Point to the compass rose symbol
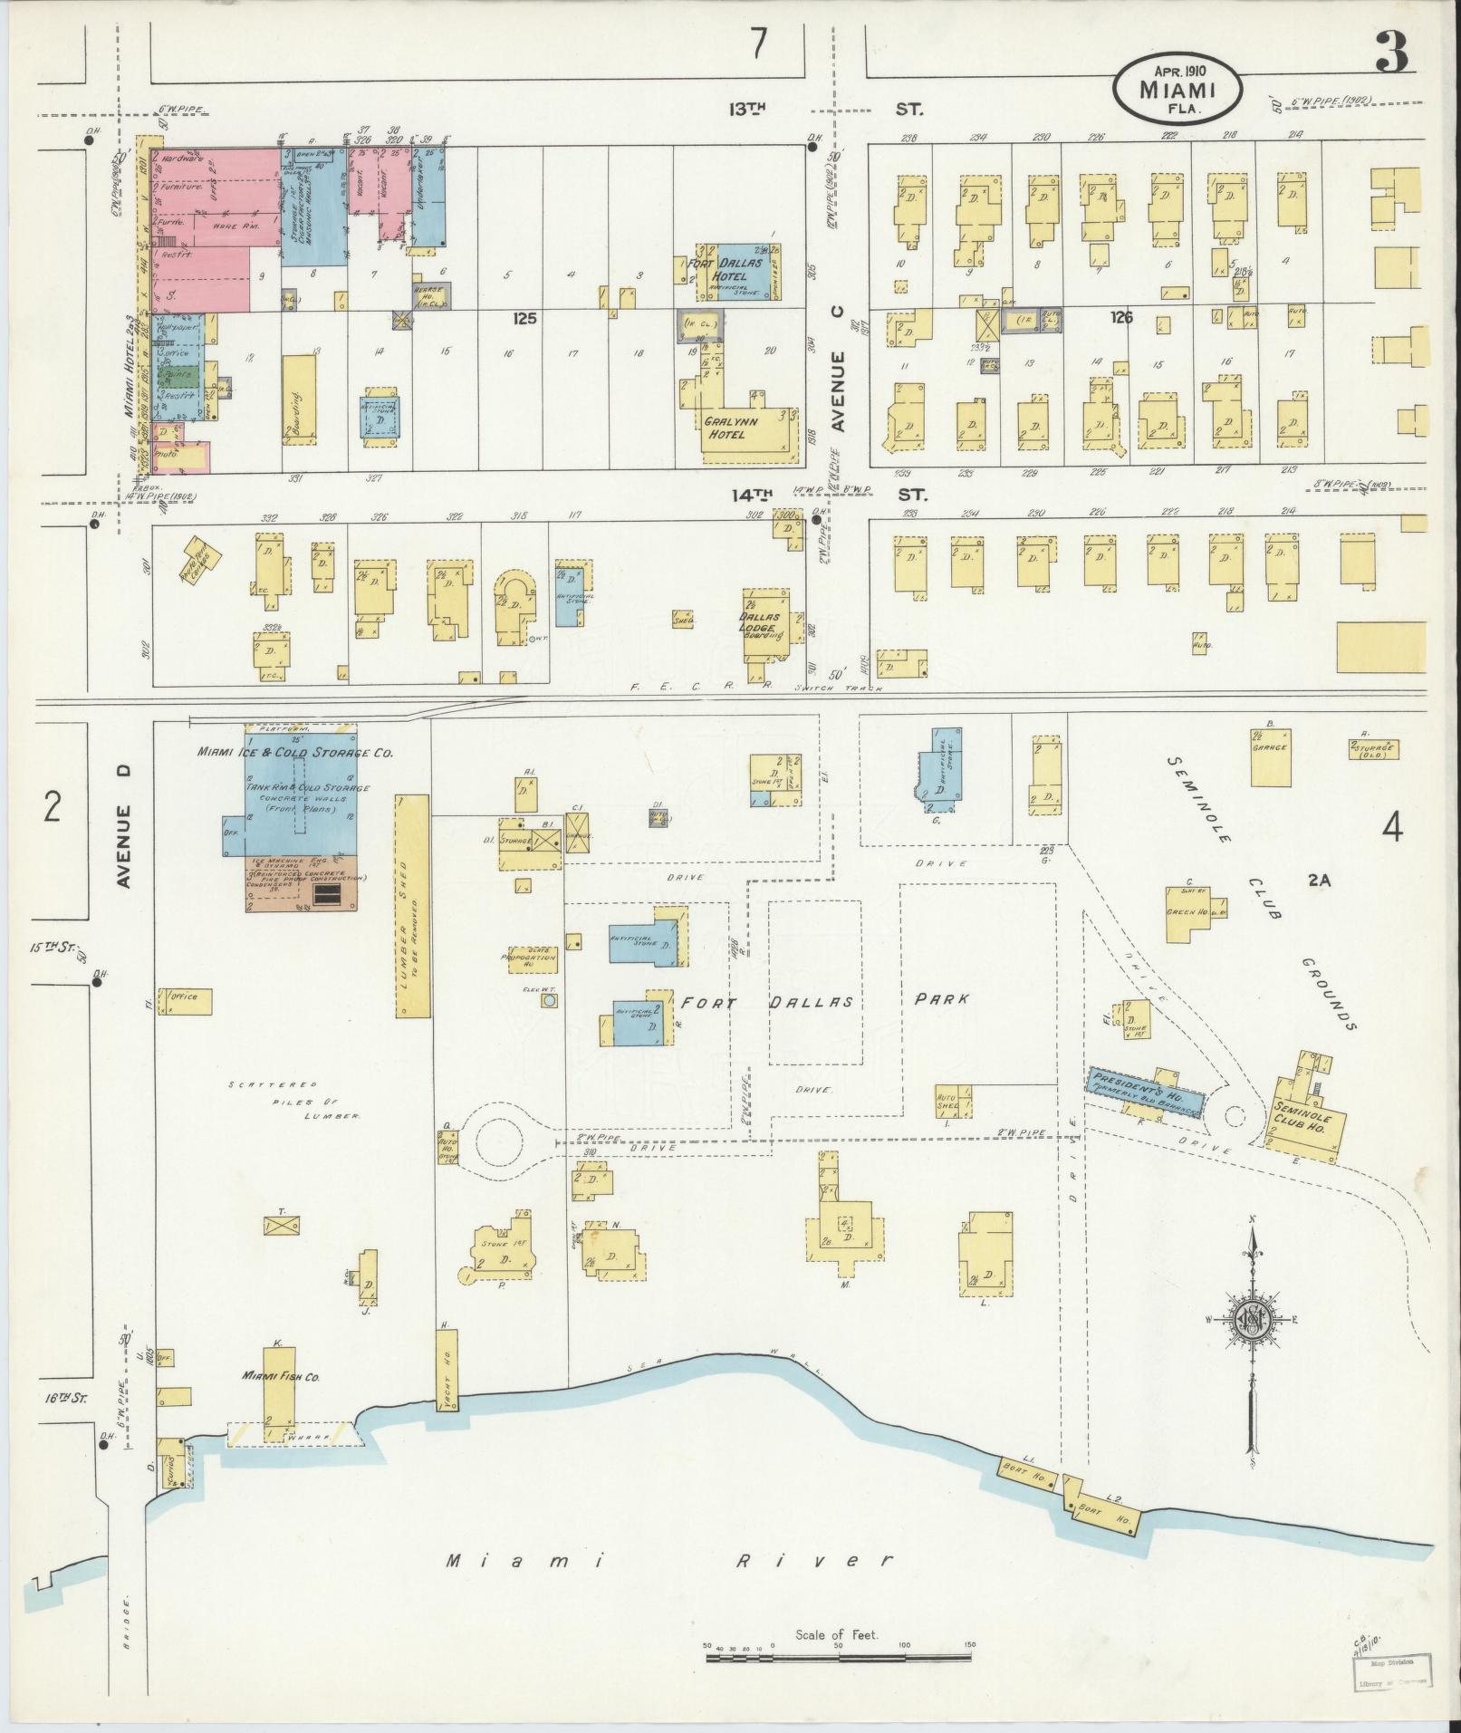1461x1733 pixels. (x=1251, y=1324)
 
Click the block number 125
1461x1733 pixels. (x=524, y=318)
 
